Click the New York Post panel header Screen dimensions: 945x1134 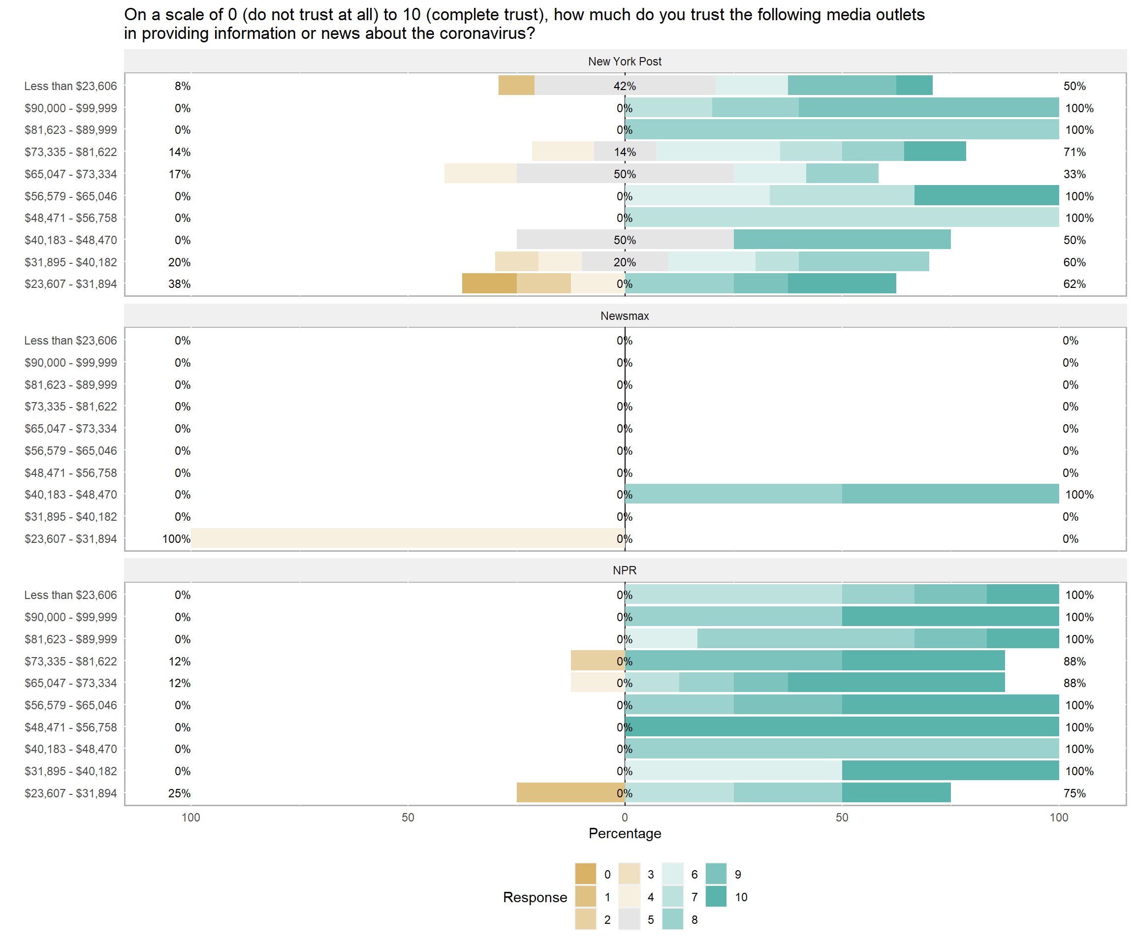click(624, 62)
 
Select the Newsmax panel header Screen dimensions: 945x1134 click(624, 316)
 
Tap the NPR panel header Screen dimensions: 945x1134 click(624, 570)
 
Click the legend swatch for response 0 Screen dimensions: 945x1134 click(585, 874)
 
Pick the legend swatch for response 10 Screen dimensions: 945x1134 click(716, 896)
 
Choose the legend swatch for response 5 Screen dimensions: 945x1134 click(629, 919)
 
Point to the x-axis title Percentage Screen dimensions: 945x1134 click(624, 833)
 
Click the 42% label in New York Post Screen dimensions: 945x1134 click(624, 86)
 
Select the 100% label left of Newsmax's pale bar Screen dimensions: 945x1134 click(176, 538)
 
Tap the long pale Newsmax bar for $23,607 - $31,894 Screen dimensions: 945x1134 click(408, 538)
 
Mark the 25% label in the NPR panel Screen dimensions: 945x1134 click(179, 793)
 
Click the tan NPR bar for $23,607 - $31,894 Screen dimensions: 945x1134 click(570, 793)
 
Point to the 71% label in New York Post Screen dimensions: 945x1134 click(1074, 152)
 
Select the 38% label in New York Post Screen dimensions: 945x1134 click(179, 283)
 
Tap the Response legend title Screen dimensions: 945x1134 click(535, 897)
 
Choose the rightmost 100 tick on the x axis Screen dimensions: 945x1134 click(1058, 817)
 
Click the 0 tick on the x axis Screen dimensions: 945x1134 click(624, 817)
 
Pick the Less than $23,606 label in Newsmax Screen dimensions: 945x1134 click(70, 340)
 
